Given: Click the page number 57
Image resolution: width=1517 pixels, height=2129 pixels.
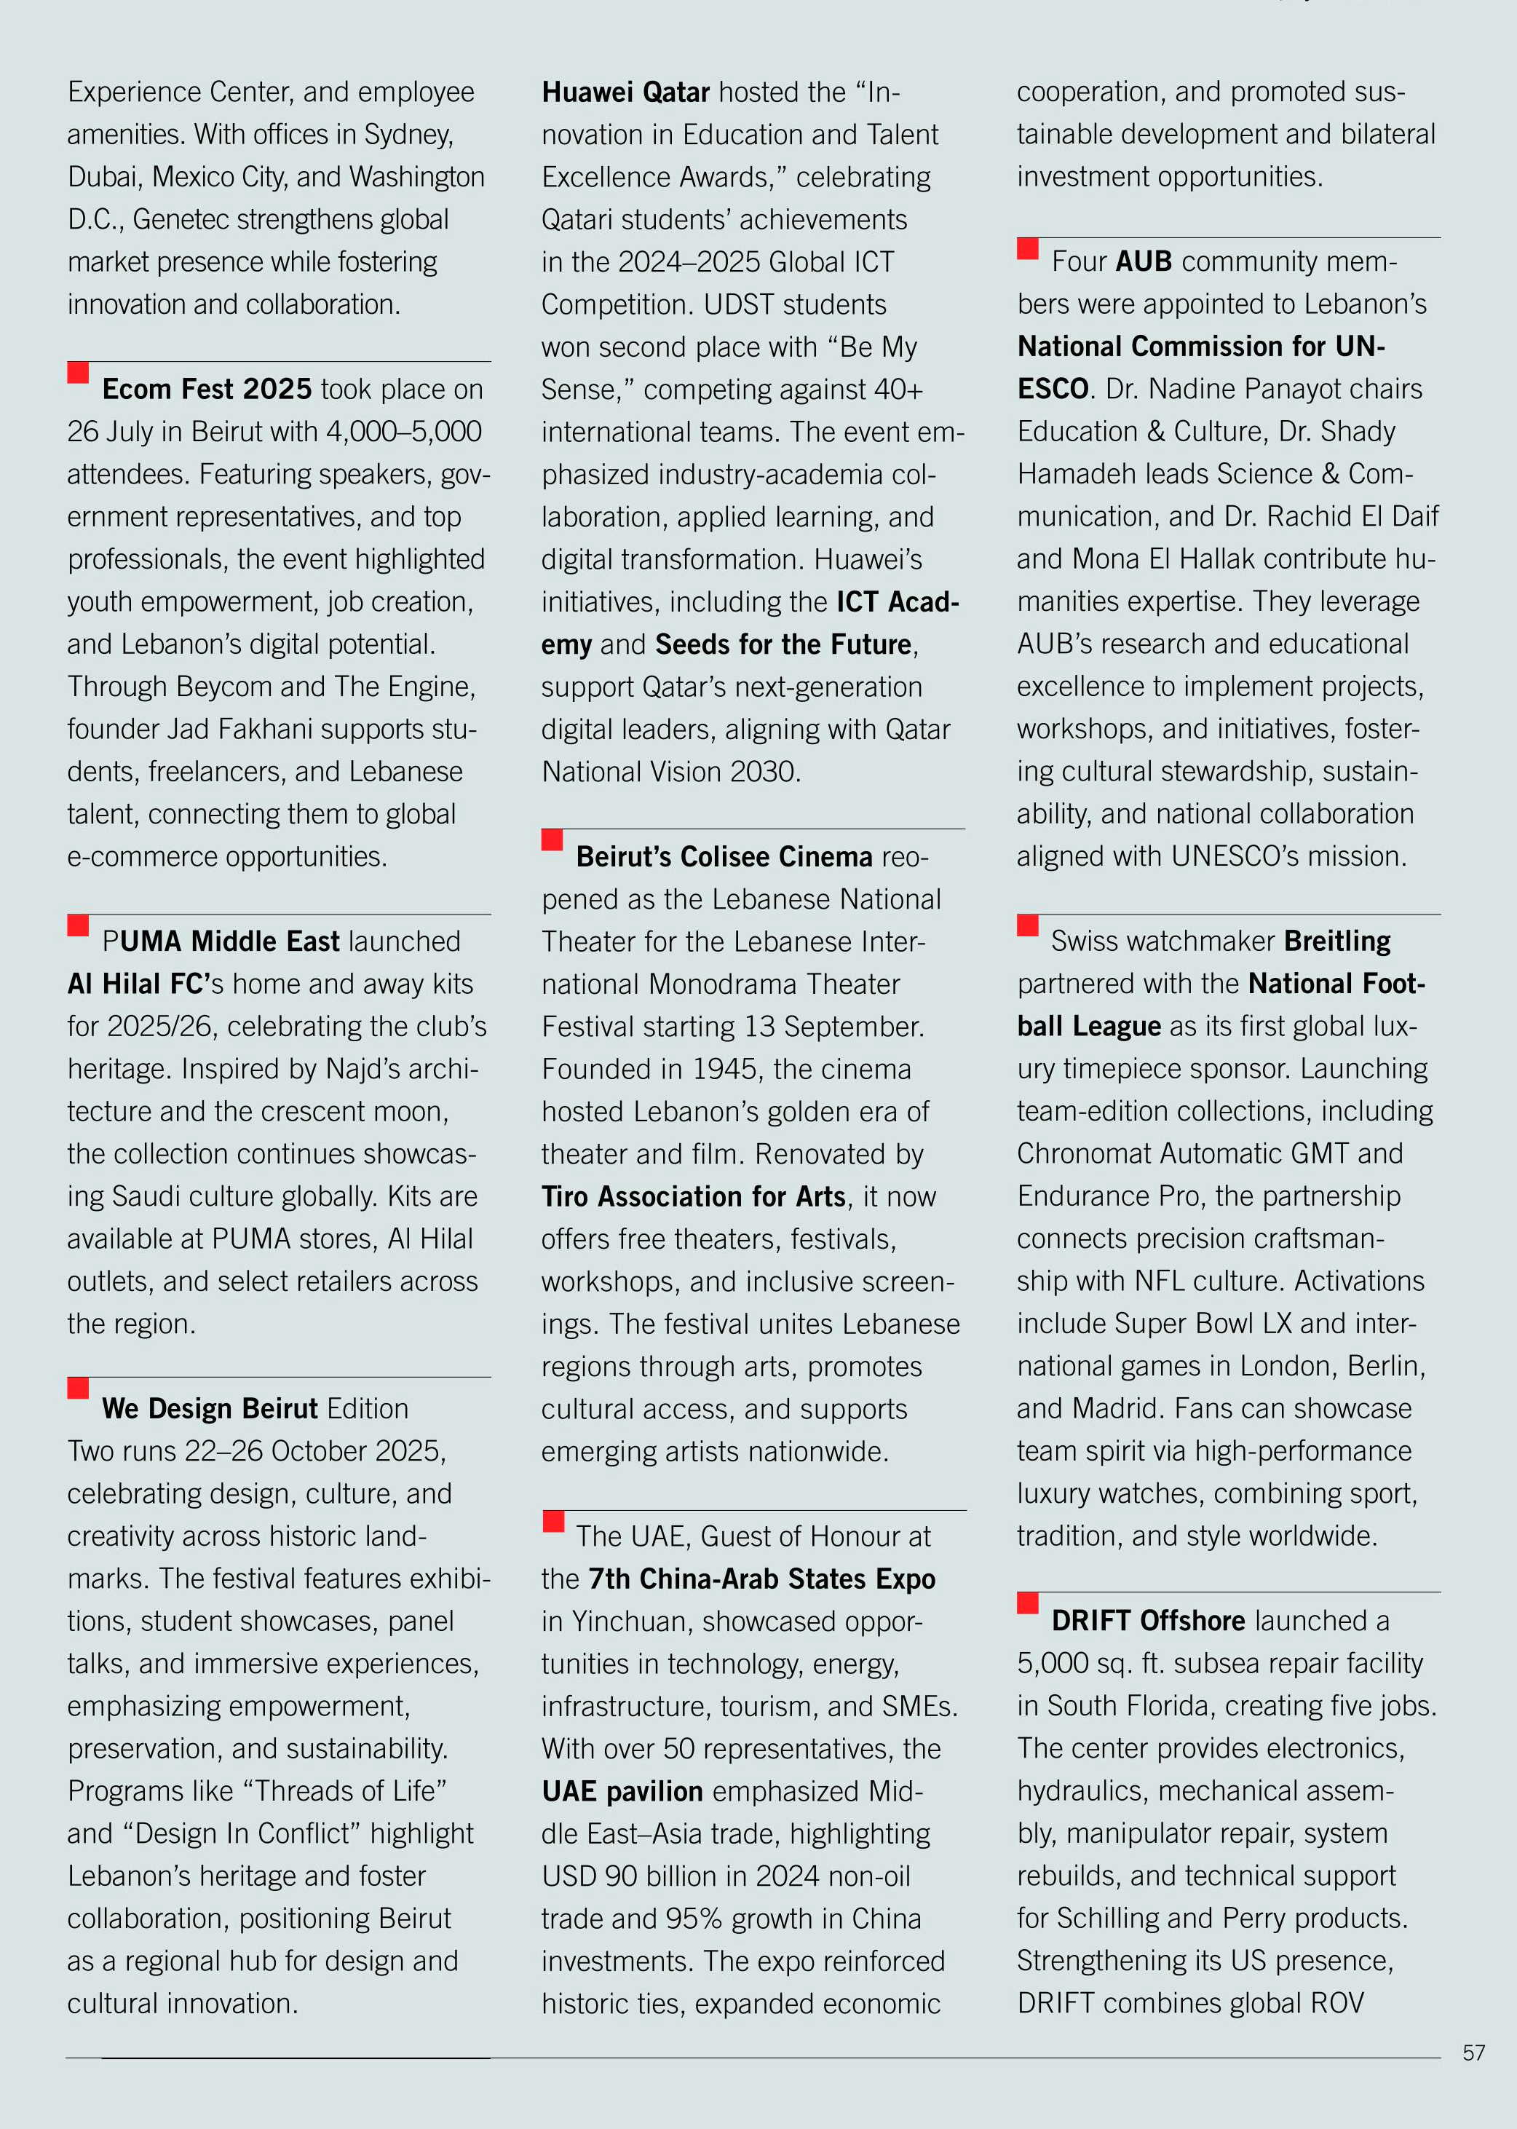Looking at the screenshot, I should pyautogui.click(x=1473, y=2053).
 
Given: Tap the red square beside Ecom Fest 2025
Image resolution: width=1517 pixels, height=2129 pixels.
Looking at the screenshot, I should pyautogui.click(x=79, y=373).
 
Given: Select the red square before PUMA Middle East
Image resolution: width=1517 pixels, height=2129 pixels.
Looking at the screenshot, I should pyautogui.click(x=79, y=925).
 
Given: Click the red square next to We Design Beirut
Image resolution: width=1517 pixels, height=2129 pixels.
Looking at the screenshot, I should pyautogui.click(x=79, y=1387).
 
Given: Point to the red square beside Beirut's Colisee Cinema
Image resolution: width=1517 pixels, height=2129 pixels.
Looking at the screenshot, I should pyautogui.click(x=552, y=840).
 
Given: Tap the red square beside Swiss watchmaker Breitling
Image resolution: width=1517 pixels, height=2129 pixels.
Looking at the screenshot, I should pyautogui.click(x=1028, y=925).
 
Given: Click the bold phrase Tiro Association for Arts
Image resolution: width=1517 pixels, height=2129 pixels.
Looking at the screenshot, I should pyautogui.click(x=694, y=1197).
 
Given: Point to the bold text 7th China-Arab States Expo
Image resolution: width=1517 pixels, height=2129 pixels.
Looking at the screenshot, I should pyautogui.click(x=761, y=1579).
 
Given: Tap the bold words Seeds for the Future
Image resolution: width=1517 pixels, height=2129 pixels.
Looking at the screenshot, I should pyautogui.click(x=783, y=644).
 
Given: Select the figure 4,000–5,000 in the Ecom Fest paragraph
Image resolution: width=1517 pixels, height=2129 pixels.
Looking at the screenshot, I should pyautogui.click(x=403, y=432).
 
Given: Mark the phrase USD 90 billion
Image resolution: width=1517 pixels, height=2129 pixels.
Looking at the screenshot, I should pyautogui.click(x=646, y=1876).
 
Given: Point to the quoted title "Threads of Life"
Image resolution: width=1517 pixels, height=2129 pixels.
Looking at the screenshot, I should pyautogui.click(x=345, y=1791).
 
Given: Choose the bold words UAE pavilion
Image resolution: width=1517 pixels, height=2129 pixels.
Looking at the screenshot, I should pyautogui.click(x=622, y=1791).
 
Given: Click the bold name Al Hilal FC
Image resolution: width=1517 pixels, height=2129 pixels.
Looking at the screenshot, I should pyautogui.click(x=138, y=984).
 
